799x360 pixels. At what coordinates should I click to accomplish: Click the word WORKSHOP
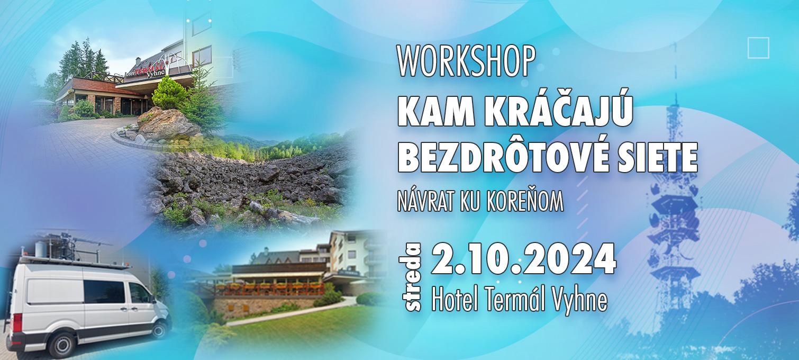pyautogui.click(x=467, y=61)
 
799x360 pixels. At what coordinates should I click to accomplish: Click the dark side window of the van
pyautogui.click(x=104, y=292)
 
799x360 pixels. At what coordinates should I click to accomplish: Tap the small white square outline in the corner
pyautogui.click(x=758, y=48)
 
